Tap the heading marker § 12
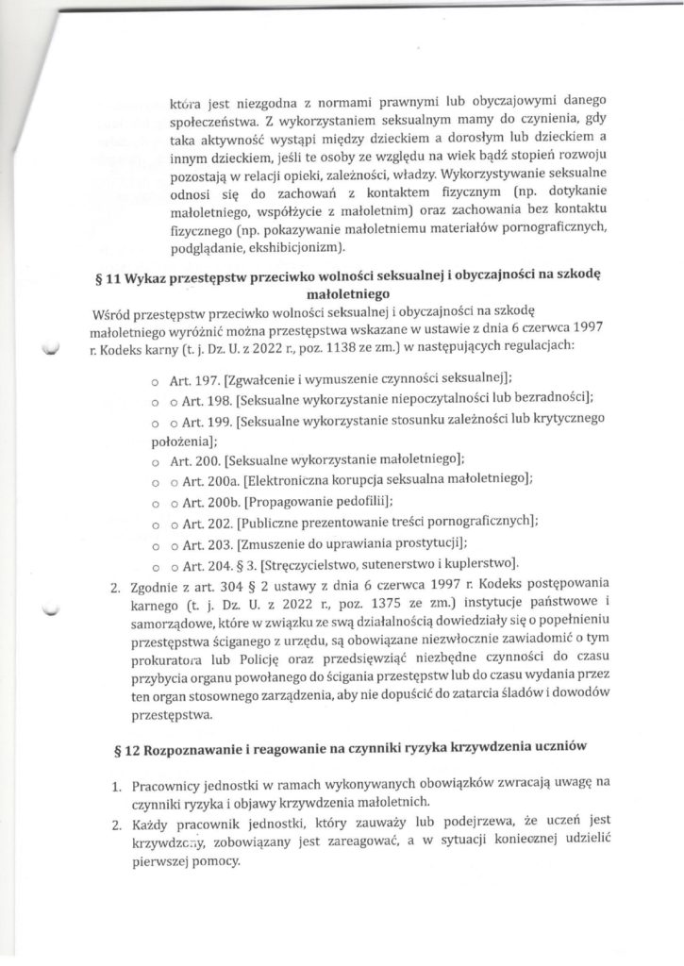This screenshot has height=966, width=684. click(x=122, y=749)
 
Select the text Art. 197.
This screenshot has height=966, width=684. click(x=194, y=378)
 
